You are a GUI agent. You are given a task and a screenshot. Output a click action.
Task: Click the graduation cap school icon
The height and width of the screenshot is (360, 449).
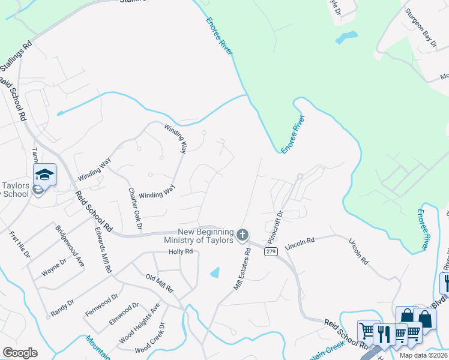[x=44, y=175]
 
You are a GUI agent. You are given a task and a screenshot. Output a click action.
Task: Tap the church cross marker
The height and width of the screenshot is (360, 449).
[x=243, y=235]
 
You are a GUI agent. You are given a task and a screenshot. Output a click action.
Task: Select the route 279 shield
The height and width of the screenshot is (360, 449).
[x=271, y=252]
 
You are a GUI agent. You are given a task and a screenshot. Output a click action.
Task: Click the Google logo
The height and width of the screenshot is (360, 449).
[x=20, y=352]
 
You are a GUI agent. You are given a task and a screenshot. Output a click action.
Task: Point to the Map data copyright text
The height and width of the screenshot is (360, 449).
[x=423, y=355]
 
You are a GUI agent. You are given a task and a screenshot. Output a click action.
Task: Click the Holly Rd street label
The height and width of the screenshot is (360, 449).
[x=180, y=252]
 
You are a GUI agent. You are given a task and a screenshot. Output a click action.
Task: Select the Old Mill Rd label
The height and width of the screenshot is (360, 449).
[x=160, y=283]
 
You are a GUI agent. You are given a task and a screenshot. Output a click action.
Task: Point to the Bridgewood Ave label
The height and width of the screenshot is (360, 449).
[x=70, y=246]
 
